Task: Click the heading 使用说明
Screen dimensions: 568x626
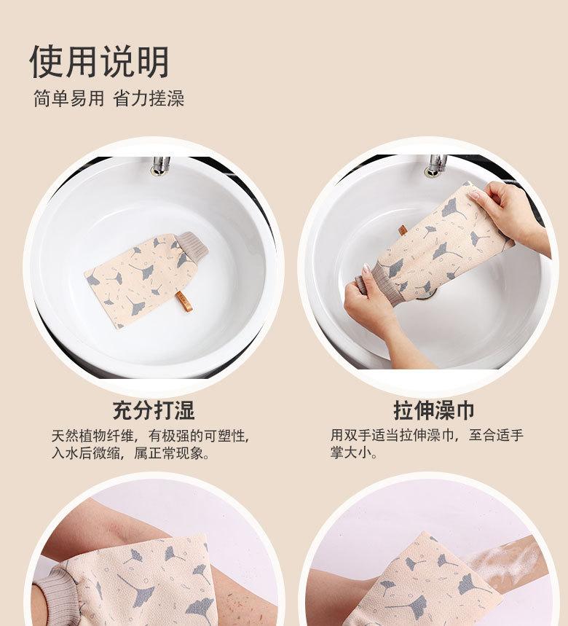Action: [99, 61]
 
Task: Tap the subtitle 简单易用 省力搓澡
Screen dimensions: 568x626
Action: [109, 98]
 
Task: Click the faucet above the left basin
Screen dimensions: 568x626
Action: [160, 165]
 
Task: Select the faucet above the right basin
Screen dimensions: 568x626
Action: [437, 165]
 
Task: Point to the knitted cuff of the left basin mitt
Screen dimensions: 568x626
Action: [192, 245]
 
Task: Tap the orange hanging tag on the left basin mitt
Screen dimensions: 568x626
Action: [184, 302]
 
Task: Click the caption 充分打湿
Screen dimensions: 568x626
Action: [154, 410]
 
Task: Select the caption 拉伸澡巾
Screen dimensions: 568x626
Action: [434, 410]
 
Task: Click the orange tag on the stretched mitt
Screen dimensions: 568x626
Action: [403, 231]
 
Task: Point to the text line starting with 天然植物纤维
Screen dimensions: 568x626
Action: [150, 436]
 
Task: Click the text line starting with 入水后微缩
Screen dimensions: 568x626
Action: [130, 453]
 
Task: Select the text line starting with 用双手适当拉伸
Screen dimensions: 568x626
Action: [427, 435]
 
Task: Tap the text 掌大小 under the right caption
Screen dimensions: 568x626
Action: [353, 453]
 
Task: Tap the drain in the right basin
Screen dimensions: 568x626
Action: [426, 294]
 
